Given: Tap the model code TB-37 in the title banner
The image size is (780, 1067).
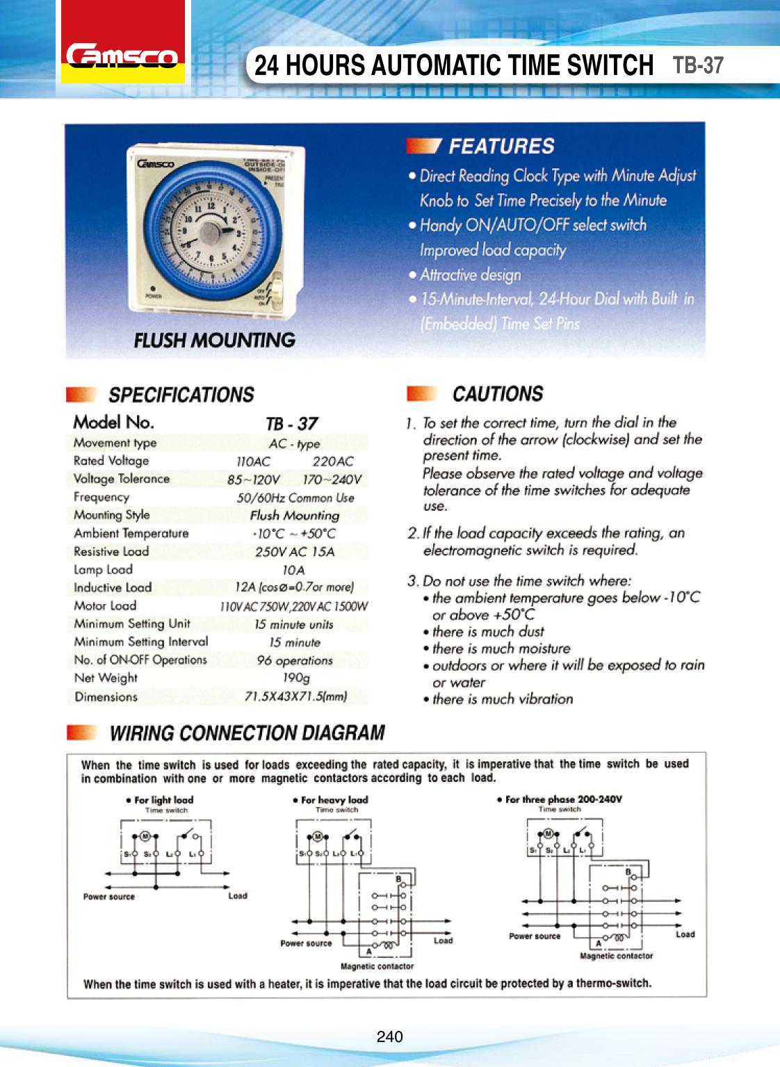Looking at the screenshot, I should pos(698,65).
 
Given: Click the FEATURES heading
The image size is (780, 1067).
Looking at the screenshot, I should pos(501,146).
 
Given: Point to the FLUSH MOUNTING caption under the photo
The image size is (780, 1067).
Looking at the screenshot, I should pos(214,340).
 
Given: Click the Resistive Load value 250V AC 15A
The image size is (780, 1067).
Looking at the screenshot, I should pos(294,552).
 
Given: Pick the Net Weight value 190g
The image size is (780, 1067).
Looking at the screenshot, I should pos(296,678).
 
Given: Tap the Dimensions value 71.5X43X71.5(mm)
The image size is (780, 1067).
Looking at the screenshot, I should pos(295,696).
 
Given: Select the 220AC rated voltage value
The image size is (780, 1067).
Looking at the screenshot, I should pos(332,461).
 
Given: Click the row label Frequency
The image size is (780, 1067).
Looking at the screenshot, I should pos(101,497).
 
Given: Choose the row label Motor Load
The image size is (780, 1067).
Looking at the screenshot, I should pos(105,605).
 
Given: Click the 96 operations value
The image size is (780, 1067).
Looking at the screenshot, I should pos(295,660).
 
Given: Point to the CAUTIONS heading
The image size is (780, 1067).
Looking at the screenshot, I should pos(498,394).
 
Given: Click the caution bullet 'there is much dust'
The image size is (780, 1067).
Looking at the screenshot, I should pos(488,632).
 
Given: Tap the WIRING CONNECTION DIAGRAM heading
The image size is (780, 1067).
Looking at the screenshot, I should pos(247,733).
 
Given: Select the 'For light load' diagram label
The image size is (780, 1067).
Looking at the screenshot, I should pos(163,800).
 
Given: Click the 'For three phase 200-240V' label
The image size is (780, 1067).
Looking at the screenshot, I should pos(563,799).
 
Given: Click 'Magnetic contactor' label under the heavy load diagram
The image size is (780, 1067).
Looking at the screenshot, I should pos(377,966).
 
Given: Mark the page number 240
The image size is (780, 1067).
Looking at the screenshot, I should pos(389,1037).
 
